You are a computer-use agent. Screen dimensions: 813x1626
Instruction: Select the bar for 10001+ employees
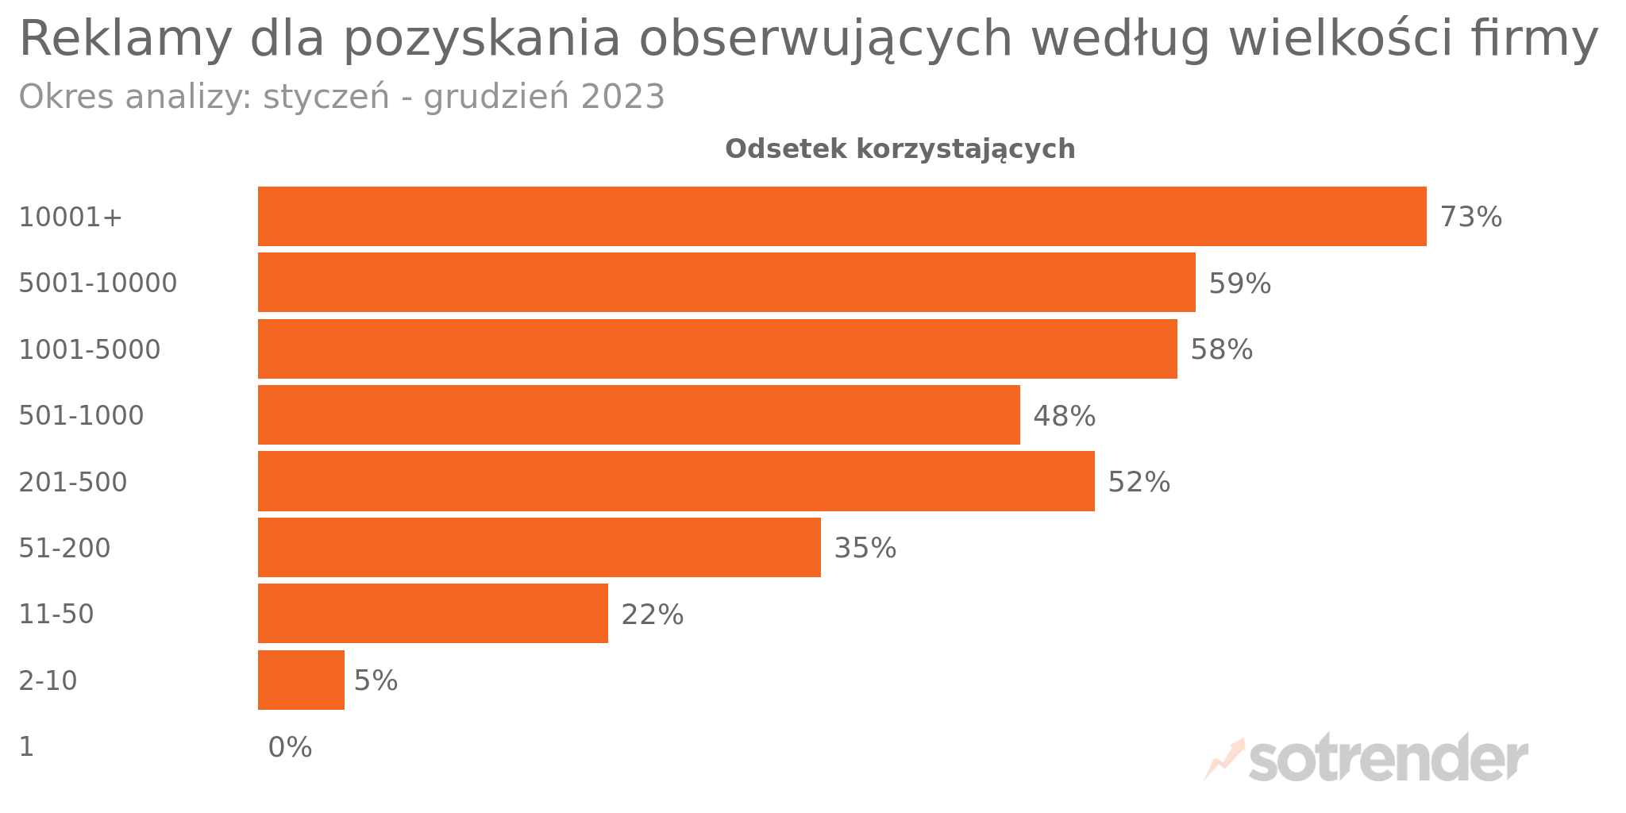(x=842, y=216)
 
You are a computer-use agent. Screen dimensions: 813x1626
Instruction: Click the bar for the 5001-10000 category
(x=726, y=283)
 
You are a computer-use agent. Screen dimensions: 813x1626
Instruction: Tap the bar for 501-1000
(x=639, y=415)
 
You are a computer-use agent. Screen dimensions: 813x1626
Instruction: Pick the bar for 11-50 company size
(x=433, y=614)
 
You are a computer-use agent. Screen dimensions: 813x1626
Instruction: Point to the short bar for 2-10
(x=301, y=680)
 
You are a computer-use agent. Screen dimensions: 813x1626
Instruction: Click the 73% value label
(x=1471, y=218)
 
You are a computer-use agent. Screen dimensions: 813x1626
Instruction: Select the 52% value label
(x=1139, y=483)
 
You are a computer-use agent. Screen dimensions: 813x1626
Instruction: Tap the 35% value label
(x=865, y=549)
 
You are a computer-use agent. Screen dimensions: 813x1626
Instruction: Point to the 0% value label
(x=291, y=748)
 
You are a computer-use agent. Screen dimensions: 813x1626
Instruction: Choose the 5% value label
(x=376, y=681)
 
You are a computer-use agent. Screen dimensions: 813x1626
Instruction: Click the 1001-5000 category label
(x=90, y=350)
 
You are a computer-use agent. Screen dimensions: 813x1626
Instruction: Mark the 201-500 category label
(x=73, y=483)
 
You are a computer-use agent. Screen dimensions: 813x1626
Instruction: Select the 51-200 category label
(x=65, y=549)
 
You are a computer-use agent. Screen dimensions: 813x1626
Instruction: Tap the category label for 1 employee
(x=26, y=747)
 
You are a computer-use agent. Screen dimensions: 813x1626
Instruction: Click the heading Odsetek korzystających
(x=900, y=149)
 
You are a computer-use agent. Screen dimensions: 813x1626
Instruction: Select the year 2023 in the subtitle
(x=622, y=98)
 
